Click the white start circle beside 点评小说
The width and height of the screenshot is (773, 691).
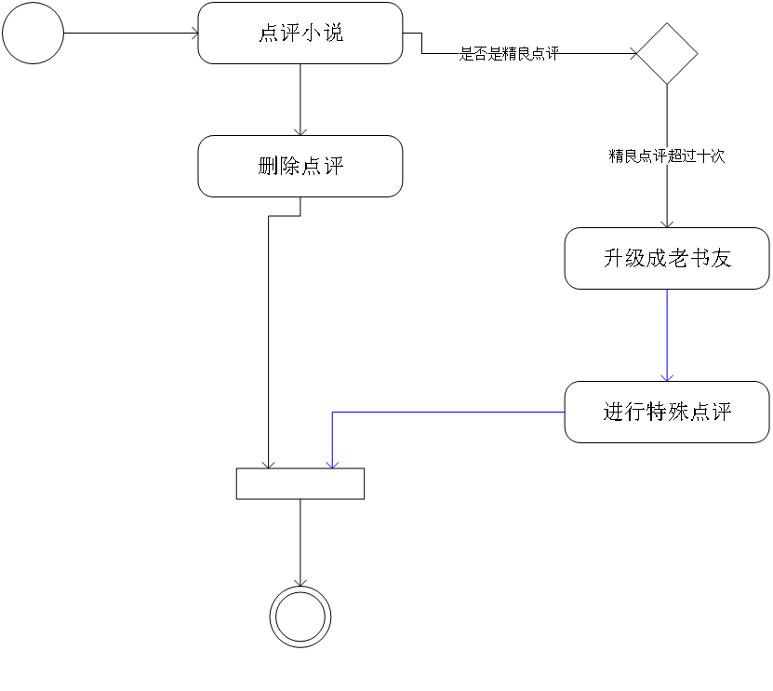(33, 33)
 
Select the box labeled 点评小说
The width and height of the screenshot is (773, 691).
(300, 33)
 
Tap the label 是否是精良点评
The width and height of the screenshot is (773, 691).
(510, 54)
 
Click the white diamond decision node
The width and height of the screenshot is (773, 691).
(667, 54)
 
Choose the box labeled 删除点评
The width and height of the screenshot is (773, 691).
(300, 166)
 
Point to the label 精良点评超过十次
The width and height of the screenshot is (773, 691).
(667, 156)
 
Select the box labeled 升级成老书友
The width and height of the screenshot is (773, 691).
(667, 258)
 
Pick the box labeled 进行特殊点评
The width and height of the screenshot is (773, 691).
(667, 412)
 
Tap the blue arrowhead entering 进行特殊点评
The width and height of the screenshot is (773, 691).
(667, 376)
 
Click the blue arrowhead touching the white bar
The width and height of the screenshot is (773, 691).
(332, 463)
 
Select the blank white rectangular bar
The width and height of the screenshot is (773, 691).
(300, 483)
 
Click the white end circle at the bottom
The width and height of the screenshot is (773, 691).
(300, 616)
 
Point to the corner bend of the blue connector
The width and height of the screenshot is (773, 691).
(332, 413)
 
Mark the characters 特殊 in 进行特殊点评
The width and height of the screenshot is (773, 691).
(667, 412)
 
